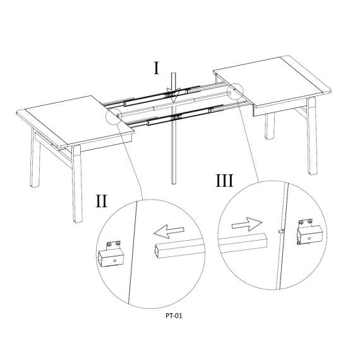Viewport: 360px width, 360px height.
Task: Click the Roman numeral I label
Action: [x=157, y=68]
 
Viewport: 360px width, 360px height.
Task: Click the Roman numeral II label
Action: [x=101, y=201]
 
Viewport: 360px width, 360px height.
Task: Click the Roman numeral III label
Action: [x=225, y=181]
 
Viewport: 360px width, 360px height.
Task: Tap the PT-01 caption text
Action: [x=174, y=316]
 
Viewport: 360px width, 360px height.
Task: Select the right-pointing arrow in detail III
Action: [x=247, y=224]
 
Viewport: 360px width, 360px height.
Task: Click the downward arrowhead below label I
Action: [x=174, y=97]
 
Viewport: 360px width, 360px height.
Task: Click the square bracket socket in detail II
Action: [x=111, y=255]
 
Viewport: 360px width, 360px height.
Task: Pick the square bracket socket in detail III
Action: [x=308, y=232]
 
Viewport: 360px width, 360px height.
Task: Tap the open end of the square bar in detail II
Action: [x=157, y=251]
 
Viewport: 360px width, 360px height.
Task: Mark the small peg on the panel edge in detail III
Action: [x=281, y=231]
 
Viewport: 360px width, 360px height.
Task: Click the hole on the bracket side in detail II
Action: [x=115, y=261]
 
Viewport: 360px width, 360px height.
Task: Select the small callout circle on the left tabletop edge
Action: [x=114, y=116]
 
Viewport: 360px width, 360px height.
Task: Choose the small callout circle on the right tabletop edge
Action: [x=235, y=92]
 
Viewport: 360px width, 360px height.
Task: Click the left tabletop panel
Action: [x=75, y=121]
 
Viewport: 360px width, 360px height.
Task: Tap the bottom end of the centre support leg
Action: [x=174, y=183]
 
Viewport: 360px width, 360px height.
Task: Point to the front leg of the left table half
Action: [x=77, y=184]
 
